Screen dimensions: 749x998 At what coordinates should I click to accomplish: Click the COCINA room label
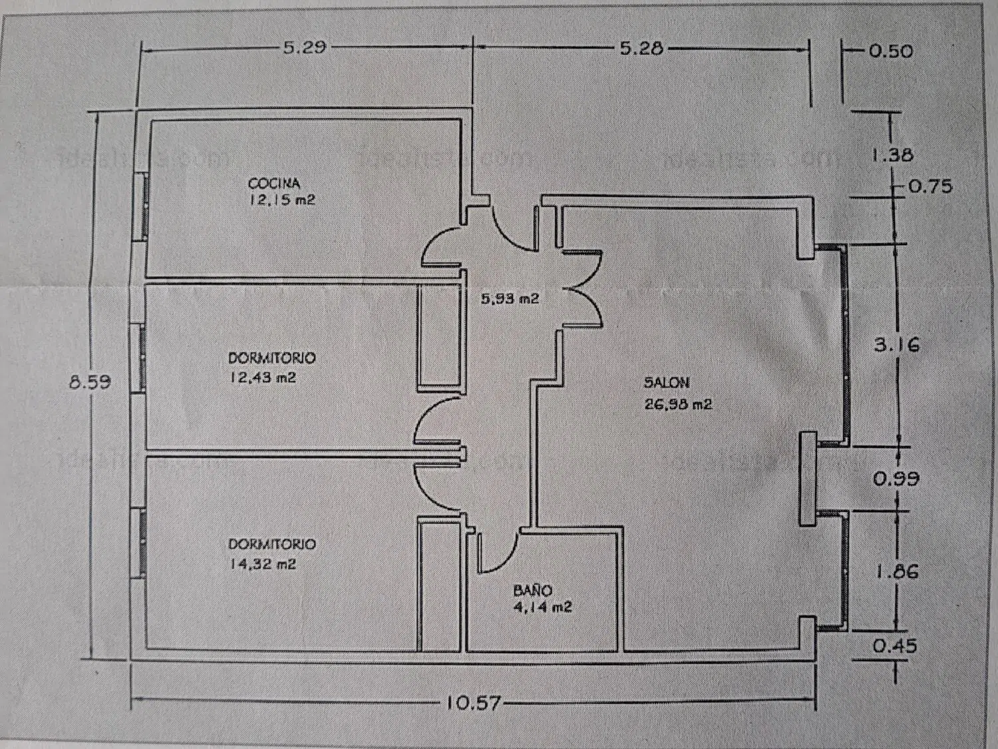point(274,183)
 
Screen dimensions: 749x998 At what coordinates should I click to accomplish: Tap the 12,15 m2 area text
point(282,200)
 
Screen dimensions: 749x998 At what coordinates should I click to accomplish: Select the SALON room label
point(667,383)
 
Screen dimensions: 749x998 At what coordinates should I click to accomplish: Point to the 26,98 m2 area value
point(678,404)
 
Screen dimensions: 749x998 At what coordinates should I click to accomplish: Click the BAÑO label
point(532,591)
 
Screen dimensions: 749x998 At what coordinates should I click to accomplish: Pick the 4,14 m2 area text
point(542,607)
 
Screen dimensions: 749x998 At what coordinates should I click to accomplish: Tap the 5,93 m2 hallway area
point(510,299)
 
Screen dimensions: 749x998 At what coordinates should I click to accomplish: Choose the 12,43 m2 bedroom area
point(263,377)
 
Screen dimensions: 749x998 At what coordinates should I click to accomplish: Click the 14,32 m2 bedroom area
point(263,564)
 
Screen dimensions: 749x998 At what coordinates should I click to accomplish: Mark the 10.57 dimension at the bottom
point(473,702)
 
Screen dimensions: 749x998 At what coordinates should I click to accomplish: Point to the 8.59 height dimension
point(90,382)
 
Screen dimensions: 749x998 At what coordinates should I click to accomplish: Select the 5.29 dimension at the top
point(304,47)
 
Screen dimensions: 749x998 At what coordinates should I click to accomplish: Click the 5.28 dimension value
point(641,48)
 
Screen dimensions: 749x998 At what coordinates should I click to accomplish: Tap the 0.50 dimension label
point(891,51)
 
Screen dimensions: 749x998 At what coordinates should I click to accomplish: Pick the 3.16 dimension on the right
point(896,345)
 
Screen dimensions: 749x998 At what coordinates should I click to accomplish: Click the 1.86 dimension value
point(896,571)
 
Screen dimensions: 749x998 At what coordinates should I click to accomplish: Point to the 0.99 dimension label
point(896,479)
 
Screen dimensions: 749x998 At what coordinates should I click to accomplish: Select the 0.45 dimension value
point(895,646)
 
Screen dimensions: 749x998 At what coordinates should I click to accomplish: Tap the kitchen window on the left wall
point(142,206)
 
